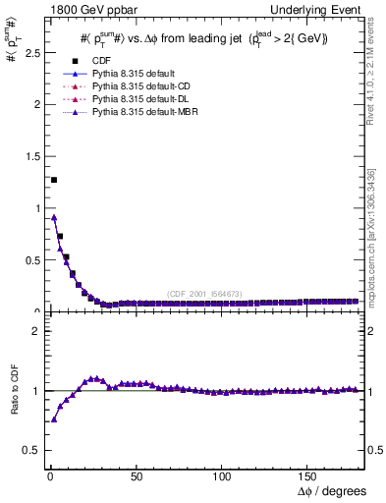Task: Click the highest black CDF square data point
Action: [53, 180]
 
